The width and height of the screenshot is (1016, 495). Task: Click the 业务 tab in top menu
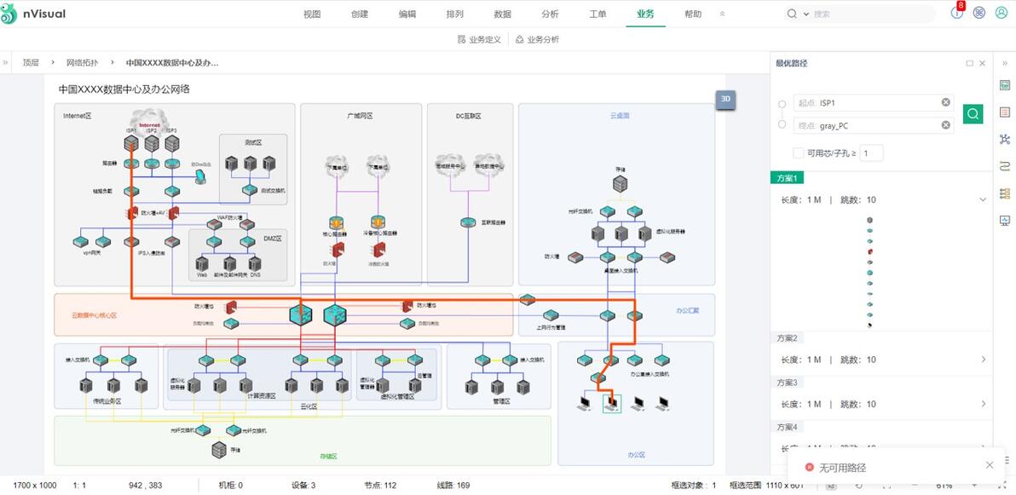[x=645, y=14]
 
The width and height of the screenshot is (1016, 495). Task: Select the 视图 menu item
[x=312, y=14]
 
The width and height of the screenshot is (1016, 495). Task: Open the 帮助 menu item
[x=693, y=14]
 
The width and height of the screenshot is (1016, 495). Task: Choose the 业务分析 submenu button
[x=537, y=39]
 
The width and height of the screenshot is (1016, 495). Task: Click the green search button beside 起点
[x=973, y=113]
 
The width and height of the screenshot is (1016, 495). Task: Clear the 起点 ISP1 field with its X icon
[x=945, y=102]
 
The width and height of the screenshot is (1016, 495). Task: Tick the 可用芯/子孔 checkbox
[x=798, y=153]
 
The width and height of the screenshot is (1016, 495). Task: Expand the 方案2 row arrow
[x=983, y=360]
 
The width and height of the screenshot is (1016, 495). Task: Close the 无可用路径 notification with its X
[x=989, y=465]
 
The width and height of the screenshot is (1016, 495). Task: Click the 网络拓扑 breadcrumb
[x=83, y=62]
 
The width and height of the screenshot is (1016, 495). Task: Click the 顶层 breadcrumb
[x=31, y=62]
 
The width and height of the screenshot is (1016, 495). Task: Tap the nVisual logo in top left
[x=34, y=14]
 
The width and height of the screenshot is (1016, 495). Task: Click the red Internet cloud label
[x=149, y=124]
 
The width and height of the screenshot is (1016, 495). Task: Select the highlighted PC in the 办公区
[x=610, y=403]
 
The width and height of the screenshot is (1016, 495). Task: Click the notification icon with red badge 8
[x=956, y=13]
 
